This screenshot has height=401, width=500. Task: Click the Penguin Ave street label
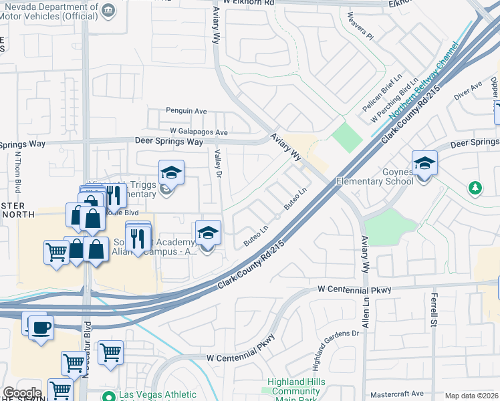[186, 111]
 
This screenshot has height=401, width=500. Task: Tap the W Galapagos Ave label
[199, 132]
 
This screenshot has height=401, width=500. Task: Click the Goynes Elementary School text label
[375, 181]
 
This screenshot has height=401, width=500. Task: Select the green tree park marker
[475, 188]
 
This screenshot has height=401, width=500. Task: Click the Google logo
[21, 393]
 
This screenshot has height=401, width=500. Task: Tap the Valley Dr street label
[217, 163]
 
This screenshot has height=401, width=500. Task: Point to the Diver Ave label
[467, 91]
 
